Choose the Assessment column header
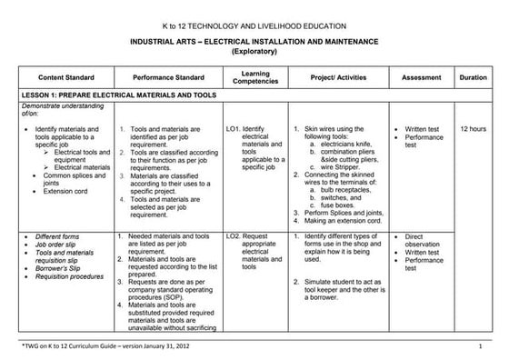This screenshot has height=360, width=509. point(421,78)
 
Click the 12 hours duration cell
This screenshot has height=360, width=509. point(474,129)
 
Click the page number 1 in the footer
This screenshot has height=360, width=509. point(480,347)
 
